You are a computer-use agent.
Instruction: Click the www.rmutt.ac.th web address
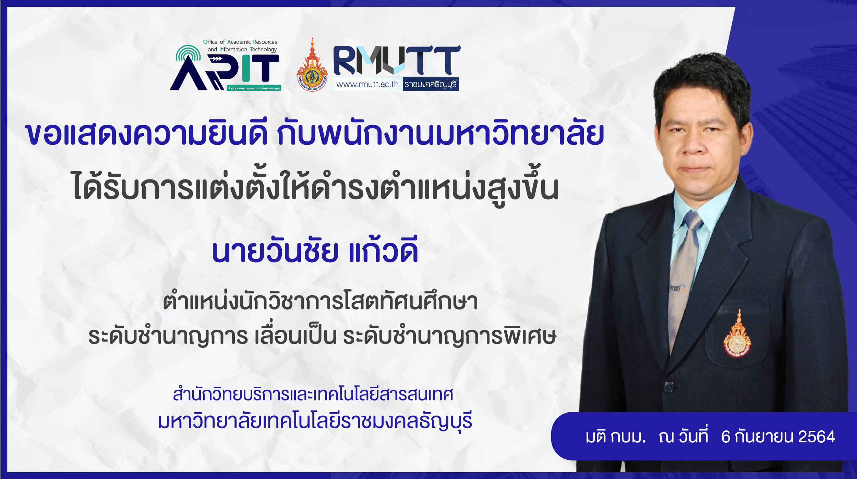pyautogui.click(x=367, y=84)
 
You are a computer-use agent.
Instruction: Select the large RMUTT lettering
pyautogui.click(x=397, y=60)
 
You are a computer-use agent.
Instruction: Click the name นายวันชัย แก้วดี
pyautogui.click(x=315, y=250)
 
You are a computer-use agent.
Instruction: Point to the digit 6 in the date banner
pyautogui.click(x=725, y=437)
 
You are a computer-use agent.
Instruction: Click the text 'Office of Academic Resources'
pyautogui.click(x=240, y=42)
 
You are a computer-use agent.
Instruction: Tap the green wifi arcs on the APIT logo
pyautogui.click(x=188, y=53)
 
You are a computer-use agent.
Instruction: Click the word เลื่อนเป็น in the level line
pyautogui.click(x=295, y=336)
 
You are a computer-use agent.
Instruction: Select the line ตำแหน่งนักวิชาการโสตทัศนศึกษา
pyautogui.click(x=320, y=300)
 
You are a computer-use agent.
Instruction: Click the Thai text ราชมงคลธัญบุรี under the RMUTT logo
pyautogui.click(x=430, y=85)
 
